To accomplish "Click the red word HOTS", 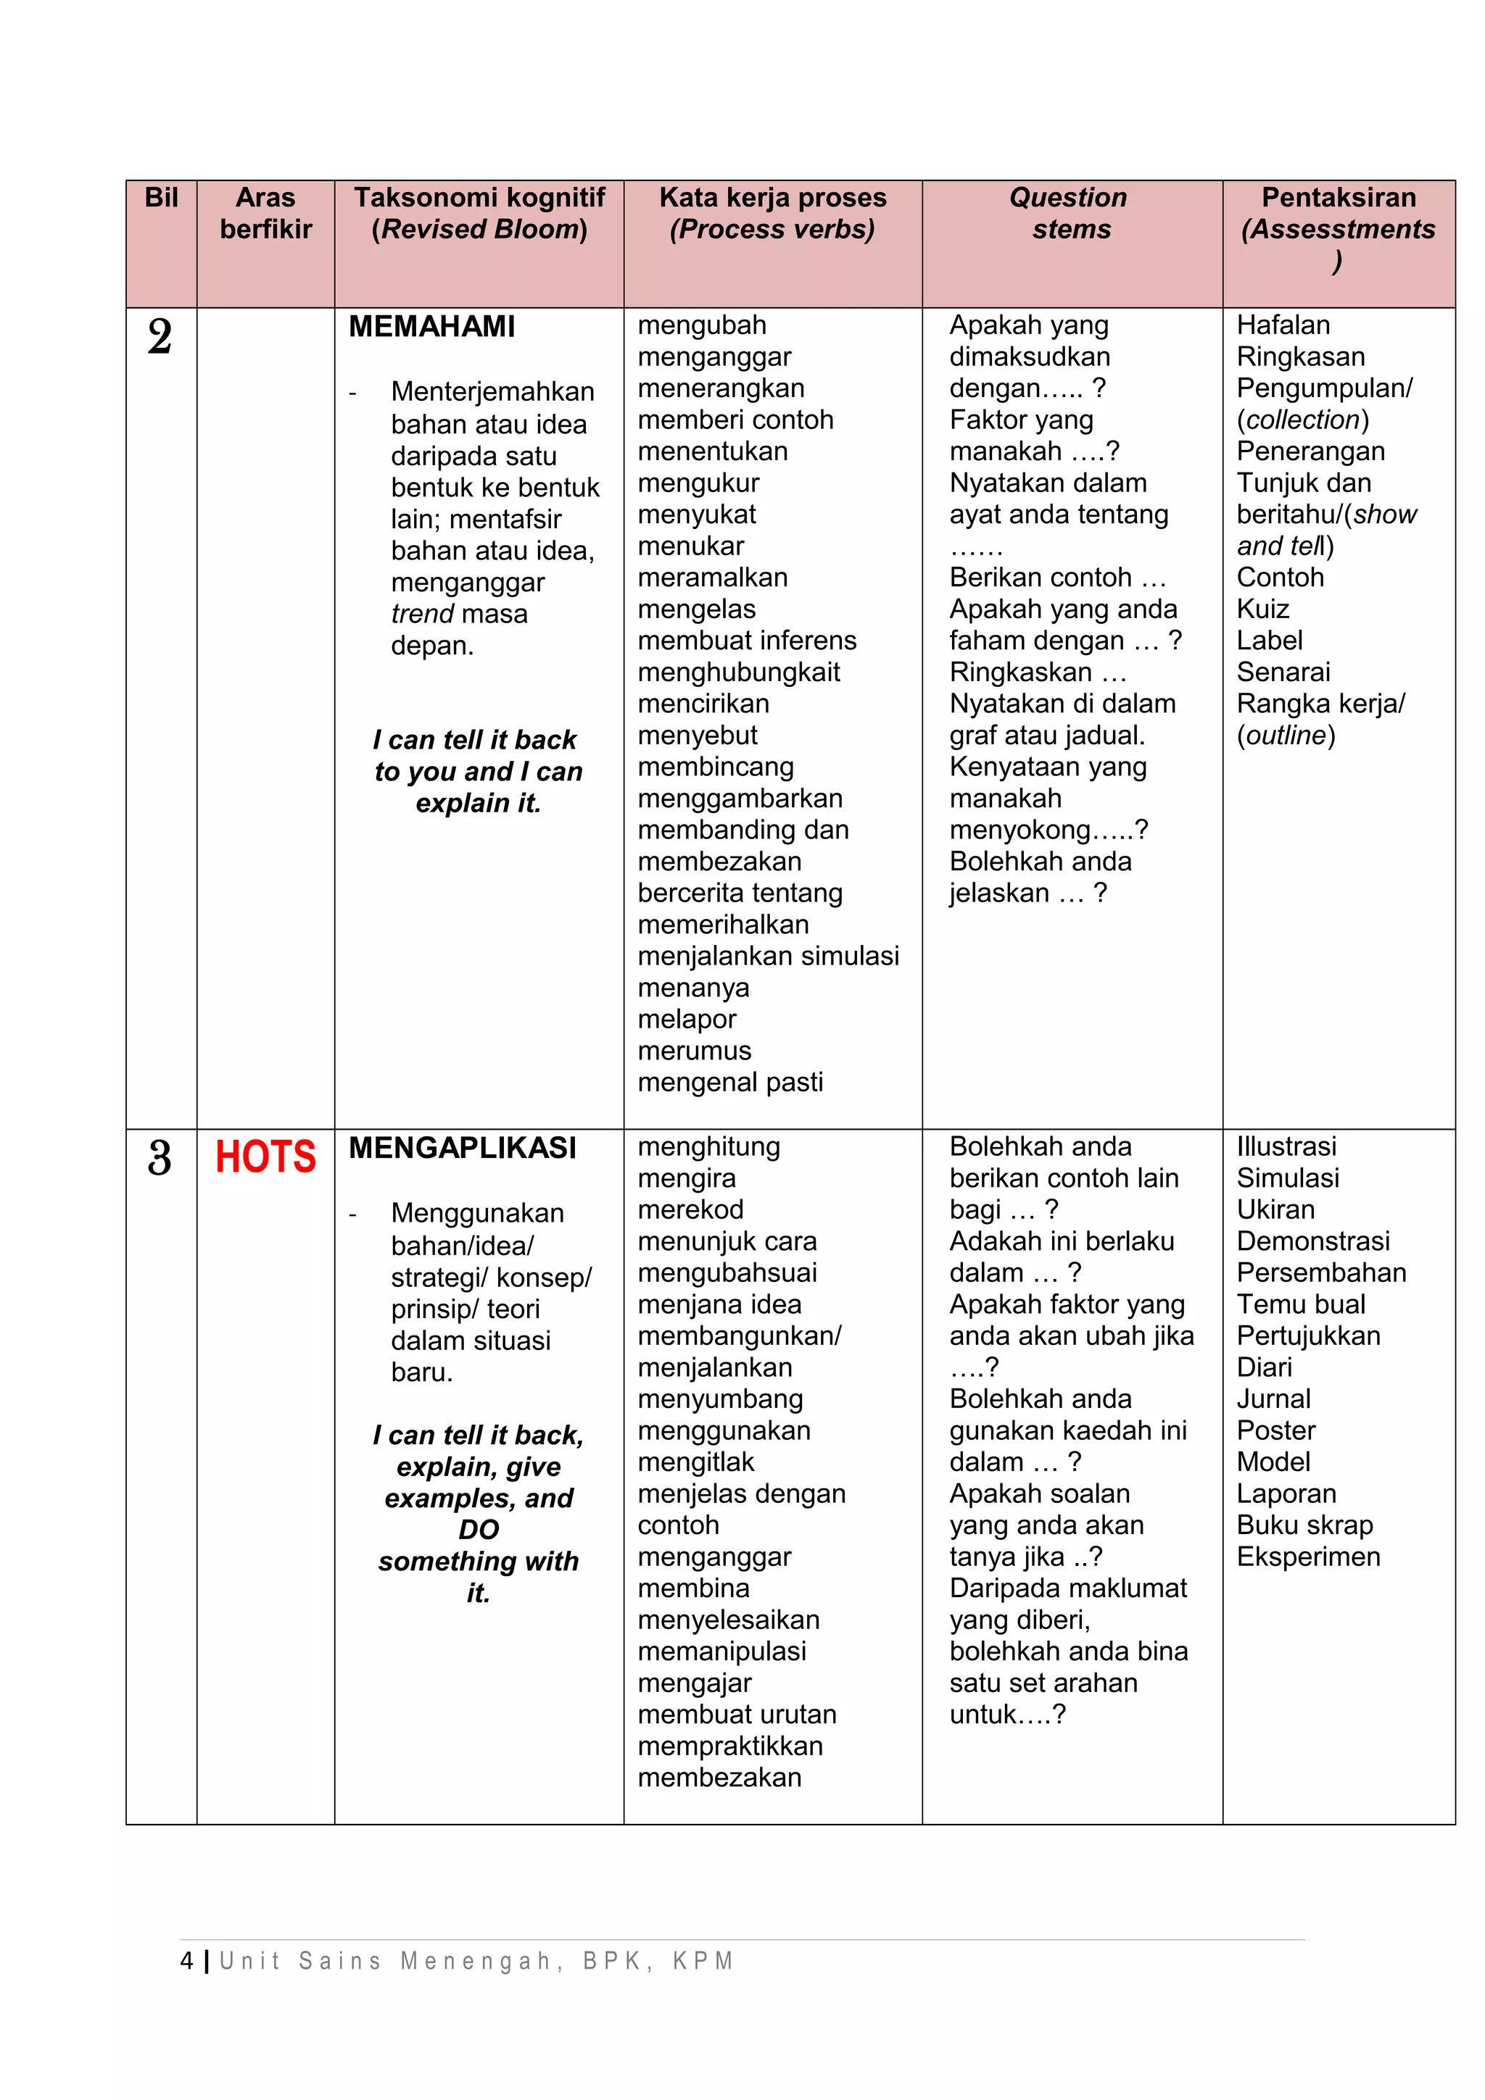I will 265,1157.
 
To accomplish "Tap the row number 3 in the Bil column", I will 160,1158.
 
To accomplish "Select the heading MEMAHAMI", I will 432,327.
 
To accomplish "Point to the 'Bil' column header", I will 161,198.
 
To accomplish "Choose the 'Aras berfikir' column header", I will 265,213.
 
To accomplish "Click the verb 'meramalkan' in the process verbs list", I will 712,578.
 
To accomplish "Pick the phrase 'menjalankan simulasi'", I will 768,957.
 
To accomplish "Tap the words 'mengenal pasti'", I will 730,1083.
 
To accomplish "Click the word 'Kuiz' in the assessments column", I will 1262,609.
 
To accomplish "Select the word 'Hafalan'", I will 1283,325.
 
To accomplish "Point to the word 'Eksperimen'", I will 1307,1557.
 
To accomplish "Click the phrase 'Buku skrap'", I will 1304,1525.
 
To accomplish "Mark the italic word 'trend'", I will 422,614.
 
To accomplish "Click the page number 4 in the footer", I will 188,1961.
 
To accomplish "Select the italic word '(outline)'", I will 1286,736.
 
